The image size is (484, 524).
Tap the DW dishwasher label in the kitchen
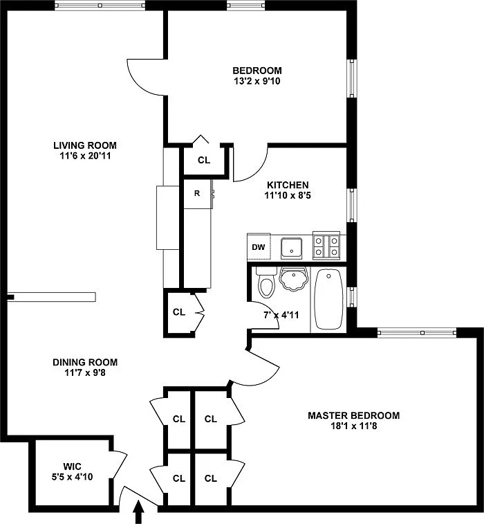[x=259, y=247]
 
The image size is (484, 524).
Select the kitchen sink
[x=291, y=249]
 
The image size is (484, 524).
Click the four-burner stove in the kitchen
[x=326, y=246]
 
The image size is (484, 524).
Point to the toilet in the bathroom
[x=266, y=282]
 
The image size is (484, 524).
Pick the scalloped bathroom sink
[x=293, y=279]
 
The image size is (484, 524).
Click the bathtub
[x=329, y=299]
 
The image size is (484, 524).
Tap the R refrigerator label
[x=197, y=193]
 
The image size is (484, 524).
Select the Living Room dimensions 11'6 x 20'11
[x=85, y=156]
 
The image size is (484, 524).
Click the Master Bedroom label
[x=354, y=415]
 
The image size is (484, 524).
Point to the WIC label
[x=72, y=466]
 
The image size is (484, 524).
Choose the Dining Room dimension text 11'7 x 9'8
[x=85, y=372]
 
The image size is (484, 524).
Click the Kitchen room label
[x=288, y=185]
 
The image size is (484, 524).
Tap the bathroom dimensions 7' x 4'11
[x=281, y=315]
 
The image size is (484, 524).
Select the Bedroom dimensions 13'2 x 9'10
[x=257, y=81]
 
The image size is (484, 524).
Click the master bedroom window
[x=417, y=332]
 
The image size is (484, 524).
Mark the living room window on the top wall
[x=100, y=6]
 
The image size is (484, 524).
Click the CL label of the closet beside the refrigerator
[x=204, y=160]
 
